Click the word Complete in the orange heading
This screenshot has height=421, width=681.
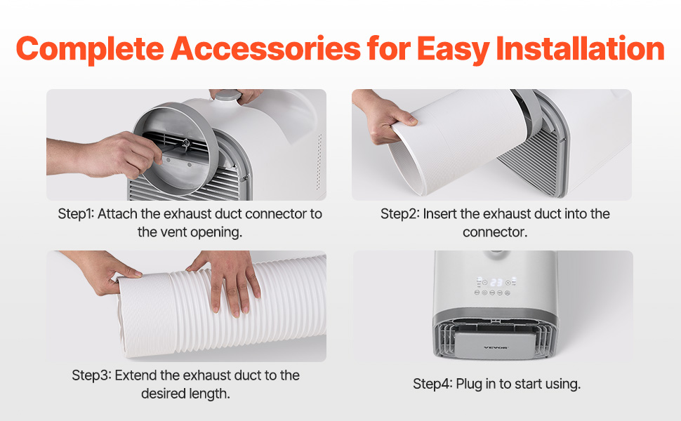click(x=90, y=49)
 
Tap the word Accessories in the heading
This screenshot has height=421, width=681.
click(x=265, y=48)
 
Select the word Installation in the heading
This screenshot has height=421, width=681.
click(x=580, y=48)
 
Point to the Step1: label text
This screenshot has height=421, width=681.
click(x=76, y=214)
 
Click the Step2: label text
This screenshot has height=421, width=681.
click(x=399, y=214)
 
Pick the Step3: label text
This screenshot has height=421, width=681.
click(x=91, y=375)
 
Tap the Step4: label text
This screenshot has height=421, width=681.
click(x=432, y=384)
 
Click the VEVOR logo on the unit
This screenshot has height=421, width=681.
click(x=496, y=347)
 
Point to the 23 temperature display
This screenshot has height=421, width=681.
click(x=496, y=283)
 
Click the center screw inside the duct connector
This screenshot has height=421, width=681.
click(x=186, y=142)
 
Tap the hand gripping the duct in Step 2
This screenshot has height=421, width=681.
click(x=382, y=117)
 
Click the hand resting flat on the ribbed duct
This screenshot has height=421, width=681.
click(x=230, y=281)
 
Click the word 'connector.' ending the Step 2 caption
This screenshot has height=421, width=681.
click(x=495, y=232)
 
